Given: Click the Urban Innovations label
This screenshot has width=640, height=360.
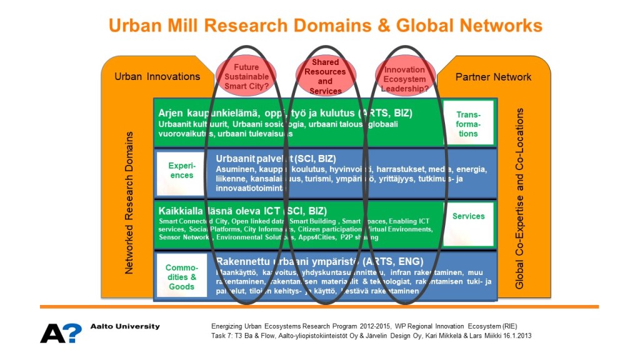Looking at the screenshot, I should tap(157, 77).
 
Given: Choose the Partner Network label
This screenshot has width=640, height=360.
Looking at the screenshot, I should tap(493, 77).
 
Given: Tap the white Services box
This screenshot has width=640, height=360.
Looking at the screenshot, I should tap(468, 216).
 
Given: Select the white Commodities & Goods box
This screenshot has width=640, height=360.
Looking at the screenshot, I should tap(181, 277).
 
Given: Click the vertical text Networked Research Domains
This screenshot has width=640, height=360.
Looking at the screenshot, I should tap(130, 202).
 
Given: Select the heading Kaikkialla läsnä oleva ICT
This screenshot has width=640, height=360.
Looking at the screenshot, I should tap(243, 211).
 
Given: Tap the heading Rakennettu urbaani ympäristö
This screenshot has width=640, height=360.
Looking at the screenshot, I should tap(319, 261).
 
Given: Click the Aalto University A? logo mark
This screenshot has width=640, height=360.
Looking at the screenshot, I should tap(61, 333).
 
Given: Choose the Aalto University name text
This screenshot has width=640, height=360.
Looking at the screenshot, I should tap(125, 326).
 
